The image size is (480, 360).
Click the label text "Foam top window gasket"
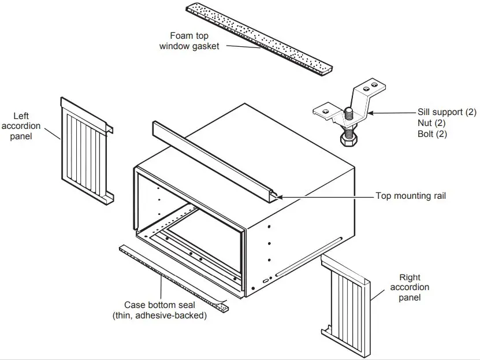(189, 40)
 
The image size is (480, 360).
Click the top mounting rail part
(214, 161)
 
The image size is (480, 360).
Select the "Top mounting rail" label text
(411, 196)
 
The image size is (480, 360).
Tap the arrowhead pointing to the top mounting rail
(280, 197)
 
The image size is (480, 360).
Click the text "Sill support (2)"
(448, 112)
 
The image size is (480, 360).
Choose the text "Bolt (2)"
(433, 134)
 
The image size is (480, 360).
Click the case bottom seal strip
(173, 274)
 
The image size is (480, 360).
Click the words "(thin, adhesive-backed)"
(158, 316)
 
